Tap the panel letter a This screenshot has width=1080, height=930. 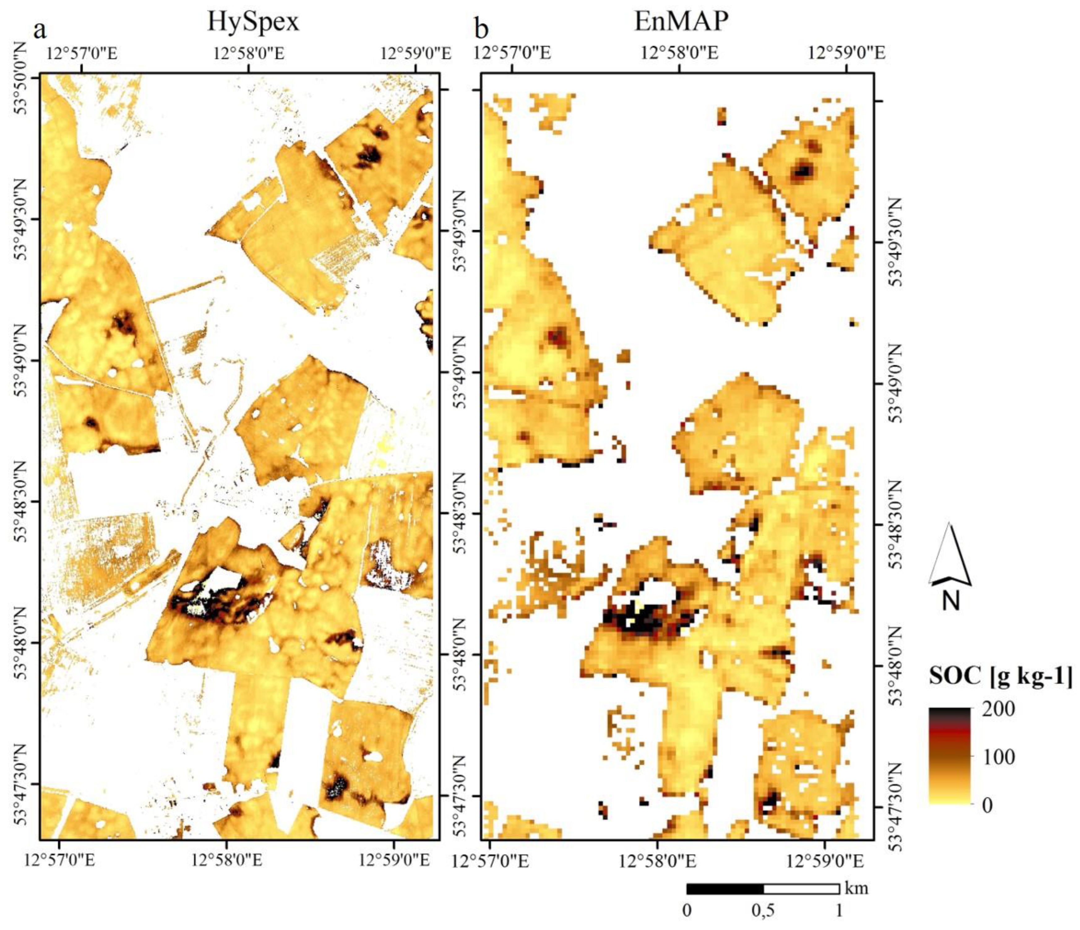pyautogui.click(x=40, y=30)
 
